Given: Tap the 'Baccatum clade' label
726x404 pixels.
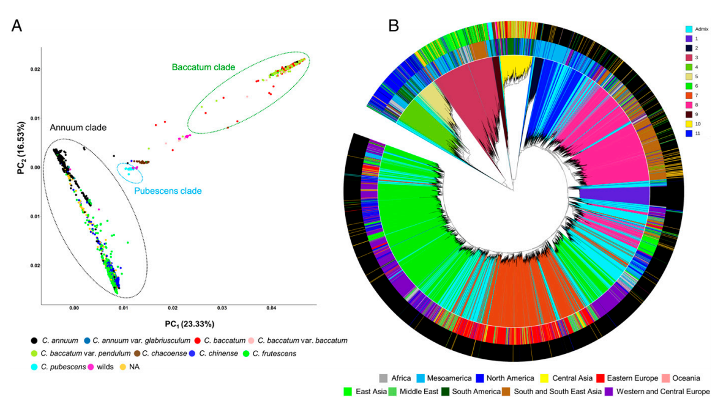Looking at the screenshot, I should (x=203, y=67).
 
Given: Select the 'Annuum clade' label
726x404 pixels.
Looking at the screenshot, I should (x=78, y=128).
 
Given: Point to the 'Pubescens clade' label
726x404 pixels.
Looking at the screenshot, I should (x=168, y=191).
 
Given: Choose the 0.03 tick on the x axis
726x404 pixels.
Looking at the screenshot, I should (x=222, y=310).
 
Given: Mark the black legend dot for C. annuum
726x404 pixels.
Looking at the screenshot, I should (x=33, y=340).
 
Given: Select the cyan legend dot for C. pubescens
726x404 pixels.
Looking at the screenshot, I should (x=33, y=367).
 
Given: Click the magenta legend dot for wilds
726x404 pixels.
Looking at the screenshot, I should (x=91, y=367).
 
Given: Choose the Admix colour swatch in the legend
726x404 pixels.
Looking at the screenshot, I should (x=689, y=29).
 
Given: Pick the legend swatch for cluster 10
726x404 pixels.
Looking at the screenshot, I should (x=689, y=123).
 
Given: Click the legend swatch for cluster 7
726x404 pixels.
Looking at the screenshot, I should (x=689, y=95).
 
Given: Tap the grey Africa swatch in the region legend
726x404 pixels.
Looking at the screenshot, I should (x=384, y=378).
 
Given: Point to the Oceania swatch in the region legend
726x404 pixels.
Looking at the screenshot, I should (x=668, y=378).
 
